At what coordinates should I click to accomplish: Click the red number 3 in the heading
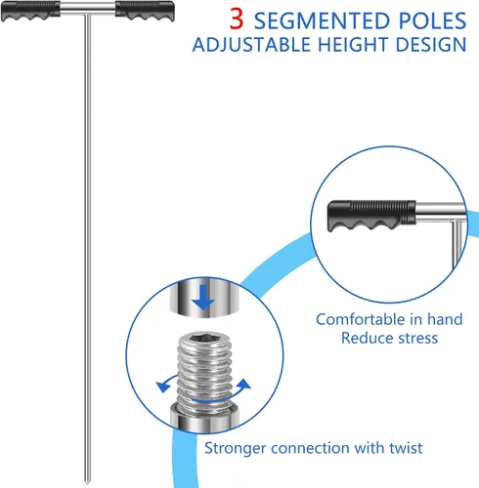click(x=237, y=19)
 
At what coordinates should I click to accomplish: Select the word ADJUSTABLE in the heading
click(x=251, y=45)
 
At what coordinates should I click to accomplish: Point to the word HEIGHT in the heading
click(x=353, y=45)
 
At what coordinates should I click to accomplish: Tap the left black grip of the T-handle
click(x=30, y=11)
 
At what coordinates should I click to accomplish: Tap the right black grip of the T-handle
click(x=145, y=11)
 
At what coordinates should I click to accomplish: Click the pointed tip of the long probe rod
click(x=87, y=483)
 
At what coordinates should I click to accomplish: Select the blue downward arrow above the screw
click(x=203, y=297)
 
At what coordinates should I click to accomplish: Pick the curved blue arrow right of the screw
click(x=242, y=386)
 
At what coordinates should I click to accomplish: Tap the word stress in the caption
click(x=418, y=338)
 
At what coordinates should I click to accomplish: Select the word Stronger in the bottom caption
click(x=235, y=448)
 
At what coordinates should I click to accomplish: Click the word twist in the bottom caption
click(x=406, y=448)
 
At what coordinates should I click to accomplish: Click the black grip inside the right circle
click(x=371, y=216)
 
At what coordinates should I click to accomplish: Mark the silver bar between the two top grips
click(x=88, y=9)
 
